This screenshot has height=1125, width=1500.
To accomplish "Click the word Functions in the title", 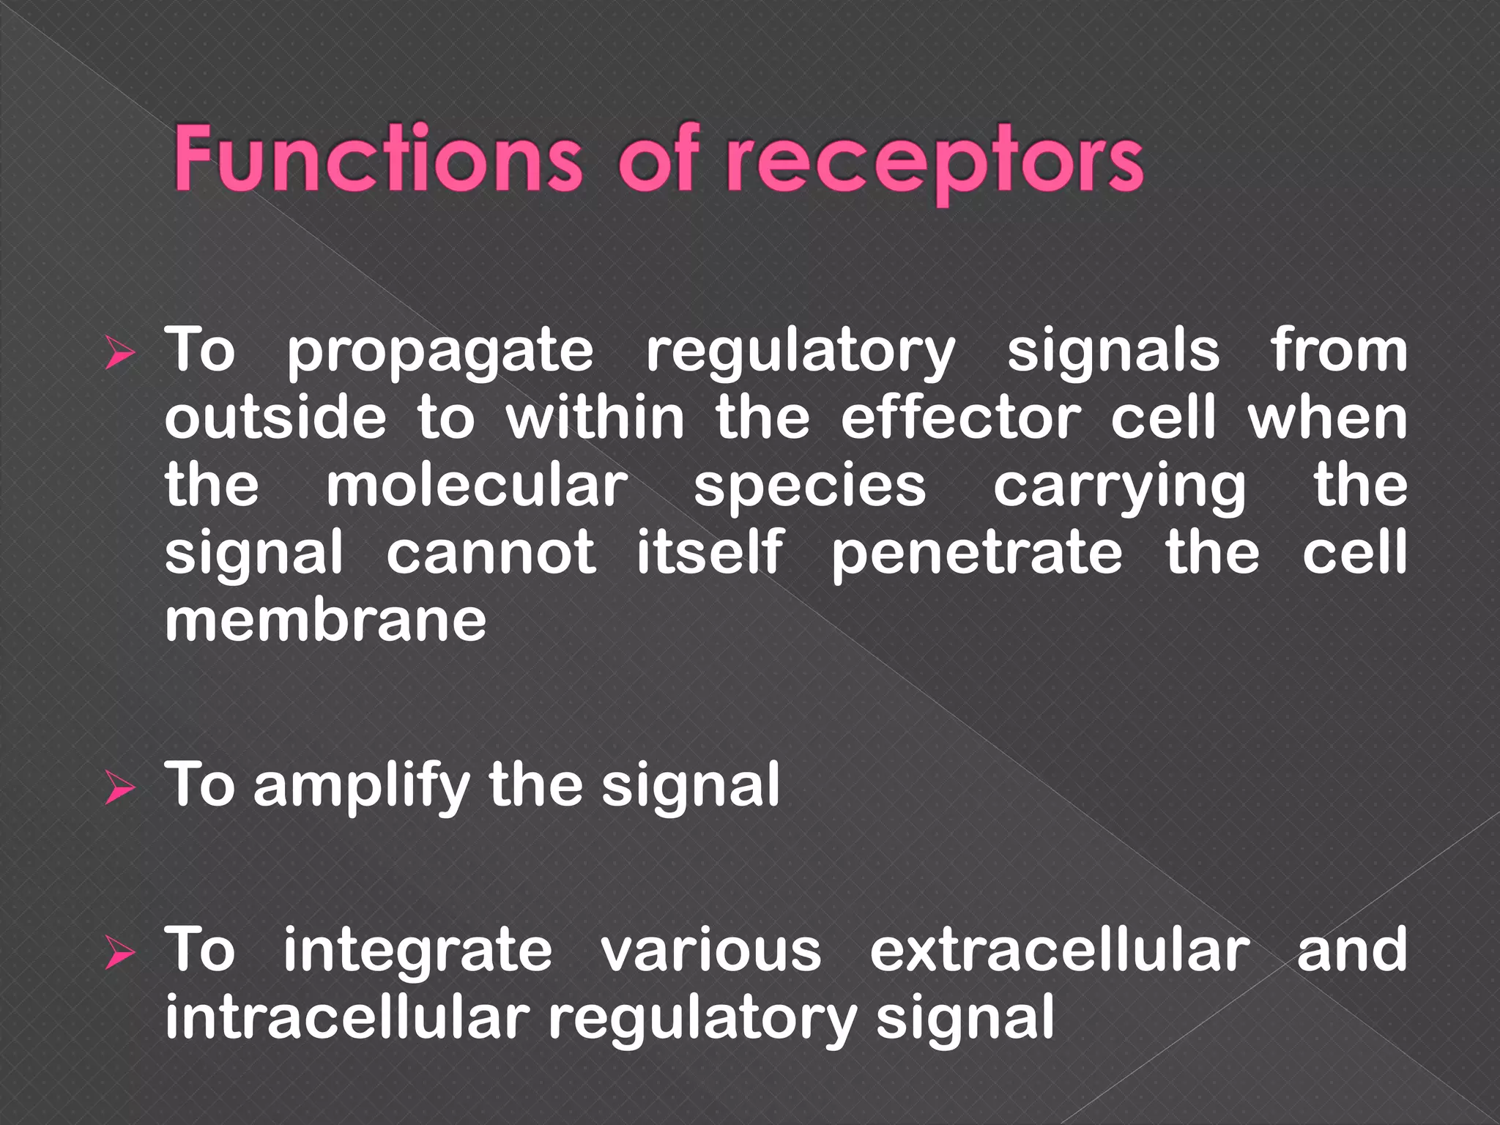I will (x=377, y=159).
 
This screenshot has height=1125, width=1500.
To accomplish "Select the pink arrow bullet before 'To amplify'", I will (x=120, y=789).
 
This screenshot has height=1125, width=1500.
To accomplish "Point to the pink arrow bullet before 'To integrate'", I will (x=120, y=954).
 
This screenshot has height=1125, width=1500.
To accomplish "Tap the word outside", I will (x=275, y=418).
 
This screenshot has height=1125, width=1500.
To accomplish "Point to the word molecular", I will (x=477, y=486).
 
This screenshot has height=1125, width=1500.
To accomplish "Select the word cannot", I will (x=491, y=554).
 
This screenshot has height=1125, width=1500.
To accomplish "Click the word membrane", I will (x=325, y=621).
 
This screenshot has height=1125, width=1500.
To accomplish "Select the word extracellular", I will (x=1060, y=950).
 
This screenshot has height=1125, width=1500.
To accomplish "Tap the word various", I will (x=711, y=951).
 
